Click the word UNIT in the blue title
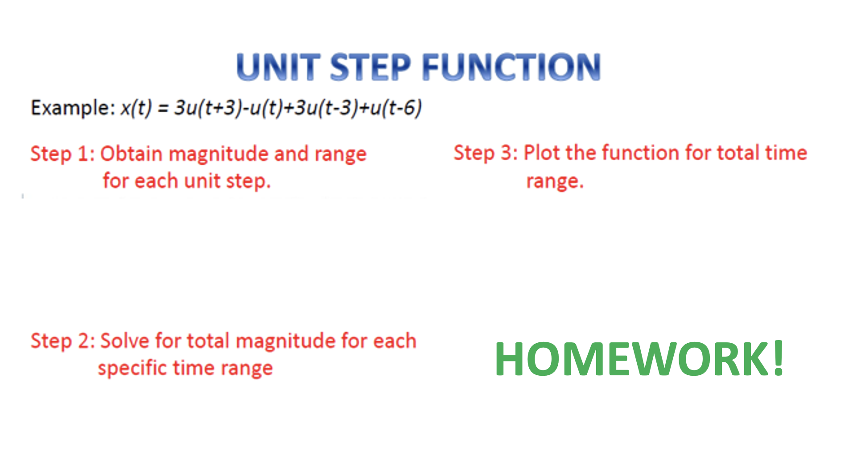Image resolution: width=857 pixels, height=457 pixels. click(x=278, y=67)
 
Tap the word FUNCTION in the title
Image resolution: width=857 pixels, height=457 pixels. click(x=511, y=67)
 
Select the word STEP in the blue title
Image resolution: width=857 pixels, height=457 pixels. click(x=370, y=67)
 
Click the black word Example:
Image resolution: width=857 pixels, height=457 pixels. click(x=73, y=108)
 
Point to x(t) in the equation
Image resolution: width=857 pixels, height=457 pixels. click(x=136, y=108)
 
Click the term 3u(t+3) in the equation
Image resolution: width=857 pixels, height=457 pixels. click(x=208, y=108)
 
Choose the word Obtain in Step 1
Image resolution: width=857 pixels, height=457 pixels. click(x=132, y=154)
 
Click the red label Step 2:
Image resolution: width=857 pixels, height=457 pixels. click(x=62, y=342)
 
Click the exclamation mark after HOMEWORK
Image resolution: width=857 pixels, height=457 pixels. click(x=779, y=358)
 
